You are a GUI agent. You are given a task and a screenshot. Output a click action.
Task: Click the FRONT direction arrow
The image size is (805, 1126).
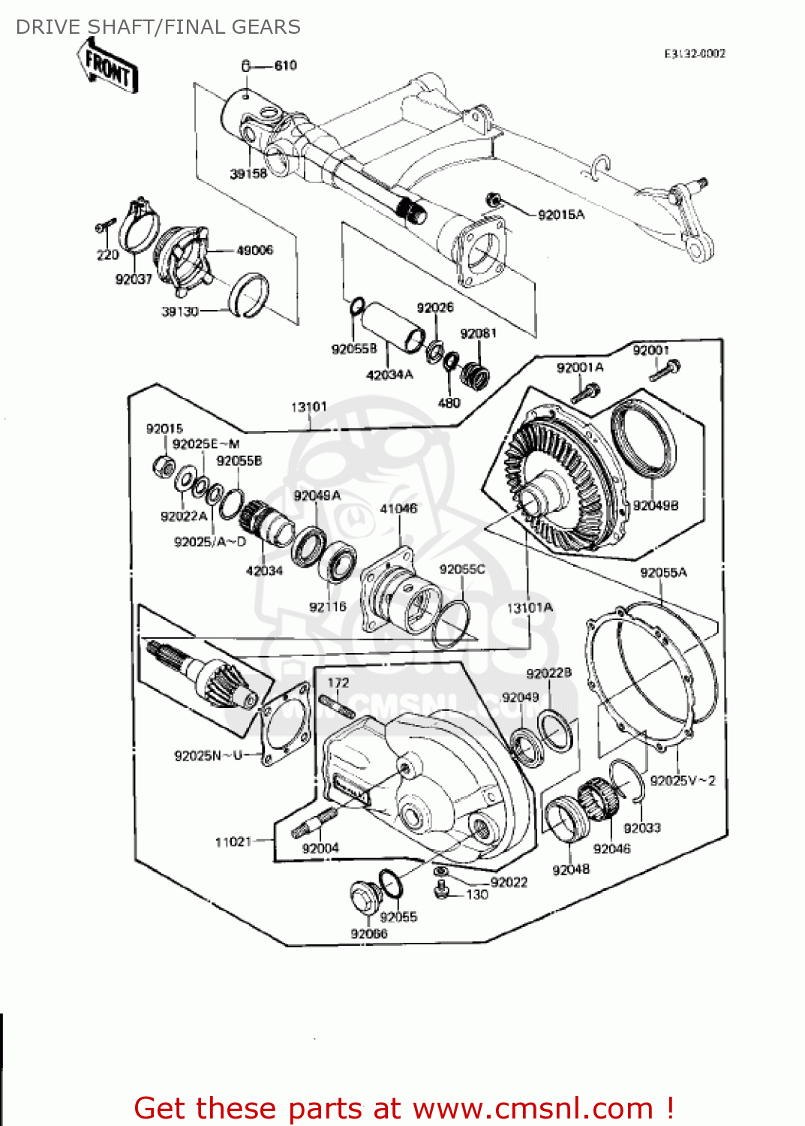(x=108, y=67)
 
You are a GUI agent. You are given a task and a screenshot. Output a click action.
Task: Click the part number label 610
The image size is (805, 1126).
(x=285, y=66)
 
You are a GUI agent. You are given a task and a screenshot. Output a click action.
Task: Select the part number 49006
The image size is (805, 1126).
(x=254, y=250)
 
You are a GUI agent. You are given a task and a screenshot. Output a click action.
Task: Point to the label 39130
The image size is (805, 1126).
(x=180, y=311)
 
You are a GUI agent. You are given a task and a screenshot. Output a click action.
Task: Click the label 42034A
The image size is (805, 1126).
(x=389, y=375)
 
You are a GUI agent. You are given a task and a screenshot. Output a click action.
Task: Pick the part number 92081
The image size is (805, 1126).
(x=478, y=333)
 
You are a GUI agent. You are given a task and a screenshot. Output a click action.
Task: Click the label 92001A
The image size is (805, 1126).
(x=579, y=367)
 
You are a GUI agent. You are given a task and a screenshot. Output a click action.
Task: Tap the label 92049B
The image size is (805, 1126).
(x=655, y=505)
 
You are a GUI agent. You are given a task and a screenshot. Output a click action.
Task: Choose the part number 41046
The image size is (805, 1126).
(x=398, y=508)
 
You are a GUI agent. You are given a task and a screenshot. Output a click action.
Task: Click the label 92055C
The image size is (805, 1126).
(x=461, y=569)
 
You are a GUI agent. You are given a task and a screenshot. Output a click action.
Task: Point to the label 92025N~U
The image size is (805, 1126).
(x=208, y=755)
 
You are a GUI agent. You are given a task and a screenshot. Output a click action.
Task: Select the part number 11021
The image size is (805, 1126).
(x=233, y=841)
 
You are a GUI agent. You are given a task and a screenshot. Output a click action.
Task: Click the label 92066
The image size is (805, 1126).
(x=368, y=933)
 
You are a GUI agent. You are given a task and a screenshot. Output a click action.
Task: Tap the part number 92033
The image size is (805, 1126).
(x=641, y=827)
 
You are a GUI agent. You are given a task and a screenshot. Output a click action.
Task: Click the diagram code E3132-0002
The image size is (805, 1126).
(x=694, y=53)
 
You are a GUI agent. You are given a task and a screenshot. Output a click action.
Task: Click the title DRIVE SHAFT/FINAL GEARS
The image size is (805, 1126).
(x=158, y=27)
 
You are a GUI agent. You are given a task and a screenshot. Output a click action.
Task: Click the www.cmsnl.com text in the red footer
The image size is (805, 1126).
(x=533, y=1108)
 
